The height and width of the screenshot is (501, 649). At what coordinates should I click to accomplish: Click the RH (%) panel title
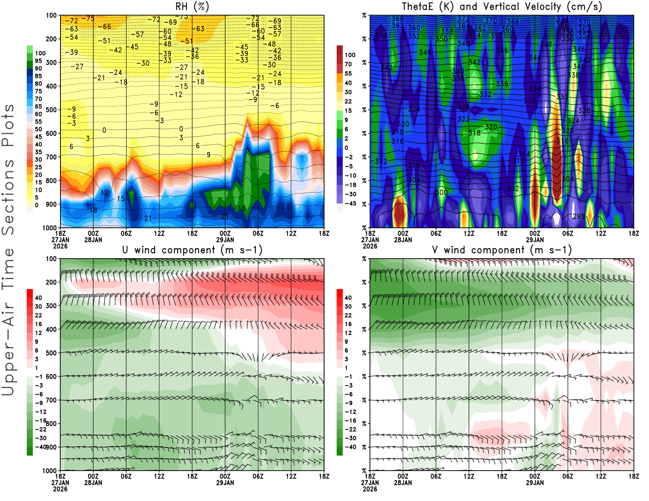[x=192, y=7]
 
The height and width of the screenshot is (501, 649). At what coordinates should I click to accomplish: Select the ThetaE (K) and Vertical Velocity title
[x=502, y=7]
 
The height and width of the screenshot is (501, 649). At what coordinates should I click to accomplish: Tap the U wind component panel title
[x=192, y=250]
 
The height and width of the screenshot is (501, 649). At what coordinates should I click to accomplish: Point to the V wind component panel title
[x=502, y=250]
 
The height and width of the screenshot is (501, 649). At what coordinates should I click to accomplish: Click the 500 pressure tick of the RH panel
[x=52, y=110]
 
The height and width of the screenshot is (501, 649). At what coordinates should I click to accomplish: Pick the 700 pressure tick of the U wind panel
[x=52, y=400]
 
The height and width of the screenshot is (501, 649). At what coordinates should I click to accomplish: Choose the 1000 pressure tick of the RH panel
[x=50, y=228]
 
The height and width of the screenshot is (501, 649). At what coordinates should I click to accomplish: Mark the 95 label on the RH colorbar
[x=38, y=61]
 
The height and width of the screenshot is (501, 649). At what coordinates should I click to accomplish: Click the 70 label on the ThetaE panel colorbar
[x=348, y=64]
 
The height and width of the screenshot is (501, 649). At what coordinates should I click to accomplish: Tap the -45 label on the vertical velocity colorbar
[x=350, y=203]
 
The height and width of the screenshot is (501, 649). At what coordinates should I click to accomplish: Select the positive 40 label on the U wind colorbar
[x=38, y=298]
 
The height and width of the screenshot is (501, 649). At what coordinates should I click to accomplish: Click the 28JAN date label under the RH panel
[x=93, y=240]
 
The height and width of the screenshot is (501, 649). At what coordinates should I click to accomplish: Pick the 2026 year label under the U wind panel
[x=60, y=489]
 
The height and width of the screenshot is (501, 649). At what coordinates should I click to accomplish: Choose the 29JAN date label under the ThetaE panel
[x=535, y=240]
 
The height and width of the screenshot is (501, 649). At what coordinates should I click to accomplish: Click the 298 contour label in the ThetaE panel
[x=579, y=216]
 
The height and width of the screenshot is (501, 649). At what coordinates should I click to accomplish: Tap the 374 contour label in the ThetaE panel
[x=562, y=19]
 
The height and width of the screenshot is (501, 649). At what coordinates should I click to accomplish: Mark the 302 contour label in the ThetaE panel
[x=513, y=188]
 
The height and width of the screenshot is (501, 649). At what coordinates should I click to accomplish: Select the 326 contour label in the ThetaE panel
[x=463, y=107]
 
